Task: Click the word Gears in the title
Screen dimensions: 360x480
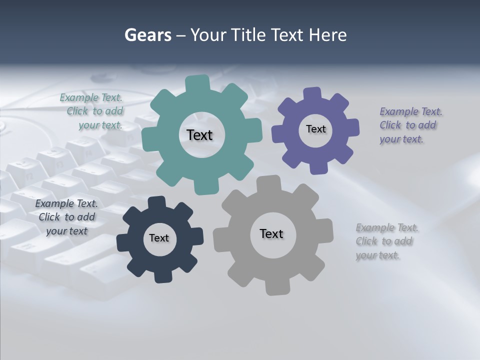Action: (x=147, y=35)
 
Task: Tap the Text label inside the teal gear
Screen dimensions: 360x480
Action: (x=199, y=135)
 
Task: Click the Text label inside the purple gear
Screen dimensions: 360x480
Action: (x=315, y=129)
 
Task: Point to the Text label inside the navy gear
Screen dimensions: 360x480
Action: (x=159, y=238)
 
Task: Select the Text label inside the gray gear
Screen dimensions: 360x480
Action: (x=271, y=233)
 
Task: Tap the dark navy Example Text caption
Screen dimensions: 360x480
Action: (x=66, y=217)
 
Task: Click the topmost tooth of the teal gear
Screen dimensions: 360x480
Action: (x=197, y=82)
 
